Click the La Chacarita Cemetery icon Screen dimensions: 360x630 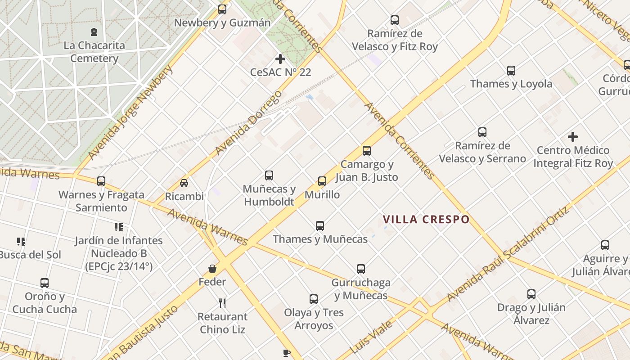point(94,32)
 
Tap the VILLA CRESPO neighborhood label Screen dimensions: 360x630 point(426,220)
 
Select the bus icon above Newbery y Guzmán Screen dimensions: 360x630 point(222,9)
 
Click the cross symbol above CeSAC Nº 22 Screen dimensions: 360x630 point(280,59)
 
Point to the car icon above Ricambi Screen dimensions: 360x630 point(184,183)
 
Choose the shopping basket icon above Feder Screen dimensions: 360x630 point(212,269)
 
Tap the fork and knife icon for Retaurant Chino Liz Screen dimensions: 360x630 point(222,303)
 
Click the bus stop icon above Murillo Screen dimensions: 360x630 point(322,181)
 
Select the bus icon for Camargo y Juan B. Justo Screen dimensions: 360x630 point(367,151)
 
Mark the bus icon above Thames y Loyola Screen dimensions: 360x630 point(511,71)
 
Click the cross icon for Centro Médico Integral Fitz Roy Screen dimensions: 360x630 point(573,137)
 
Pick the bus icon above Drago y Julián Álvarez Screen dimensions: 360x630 point(531,294)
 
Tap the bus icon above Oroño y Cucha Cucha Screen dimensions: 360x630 point(44,283)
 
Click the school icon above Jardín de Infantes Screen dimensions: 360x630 point(118,227)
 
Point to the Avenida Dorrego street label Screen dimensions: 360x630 point(248,122)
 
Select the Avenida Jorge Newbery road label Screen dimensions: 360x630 point(130,112)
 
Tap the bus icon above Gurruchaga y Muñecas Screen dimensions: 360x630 point(361,269)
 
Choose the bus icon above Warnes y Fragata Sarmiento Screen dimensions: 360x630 point(101,181)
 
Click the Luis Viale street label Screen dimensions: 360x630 point(372,336)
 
